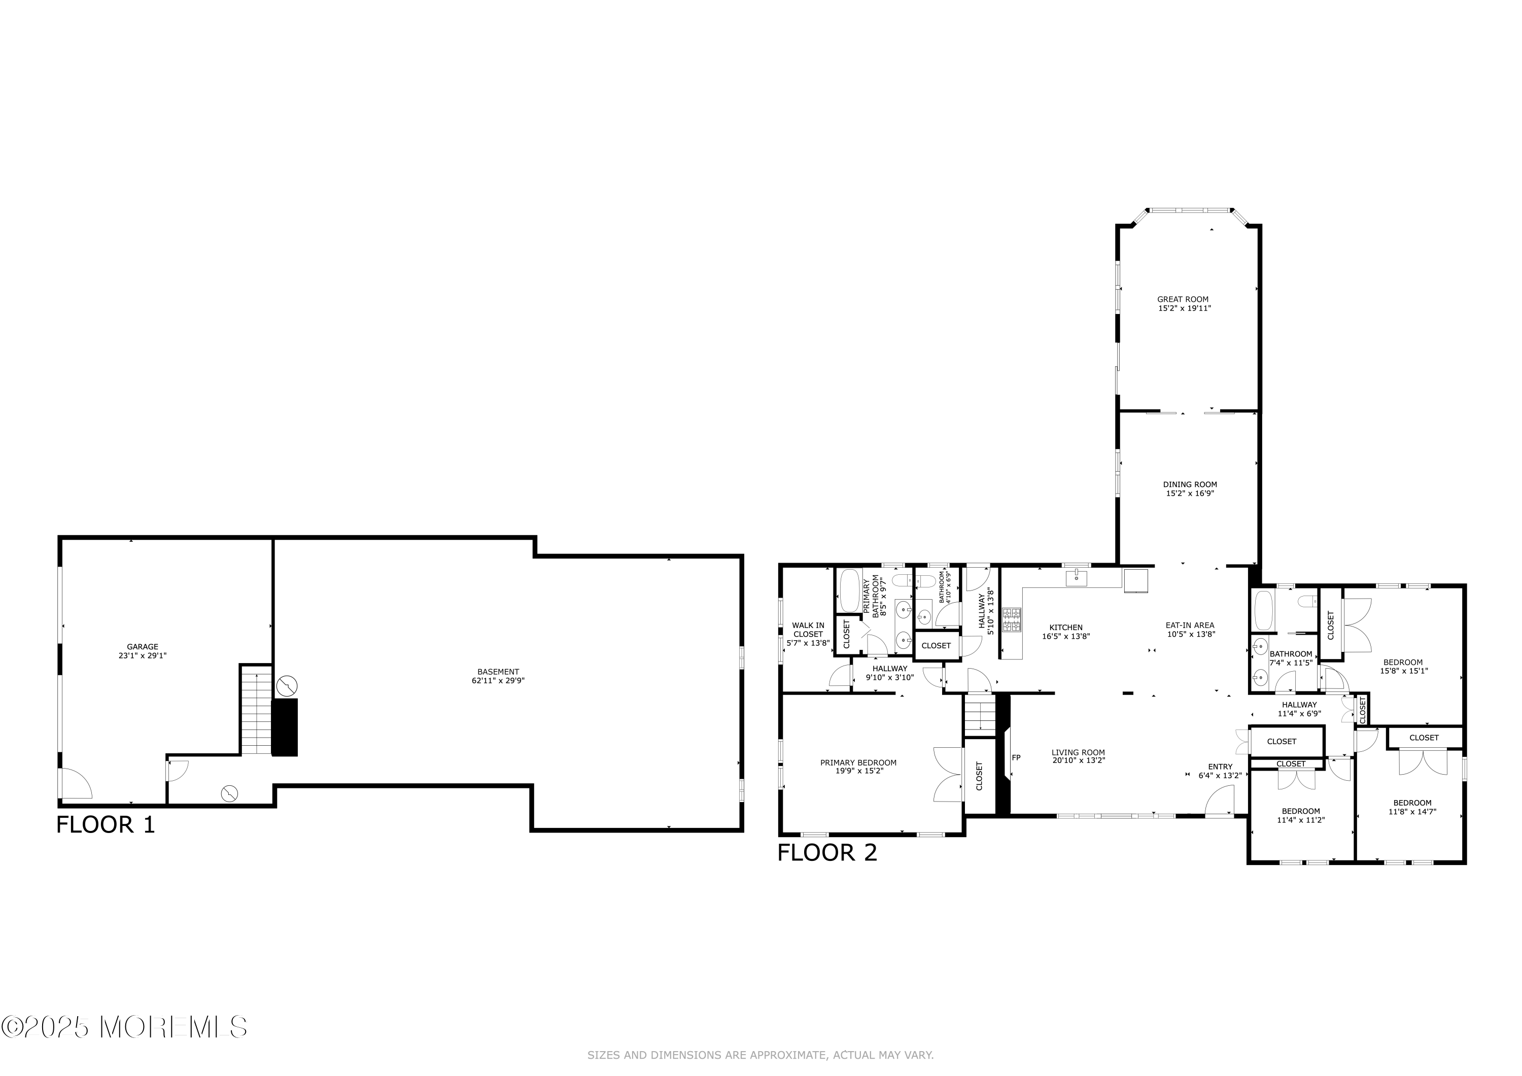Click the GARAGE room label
[143, 646]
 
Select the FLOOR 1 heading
[106, 825]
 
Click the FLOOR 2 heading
[827, 853]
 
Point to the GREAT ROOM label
[1183, 299]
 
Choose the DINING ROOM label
[1190, 484]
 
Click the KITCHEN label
[1066, 627]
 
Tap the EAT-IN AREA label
[1190, 624]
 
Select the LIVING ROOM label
[1078, 752]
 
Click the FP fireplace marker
[1016, 757]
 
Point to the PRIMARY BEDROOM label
[858, 762]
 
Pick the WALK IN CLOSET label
[808, 630]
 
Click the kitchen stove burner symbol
[1012, 620]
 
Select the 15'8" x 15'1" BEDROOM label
[1403, 662]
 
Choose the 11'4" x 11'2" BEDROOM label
[1301, 811]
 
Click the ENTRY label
[1220, 767]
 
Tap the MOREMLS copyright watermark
[125, 1027]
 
